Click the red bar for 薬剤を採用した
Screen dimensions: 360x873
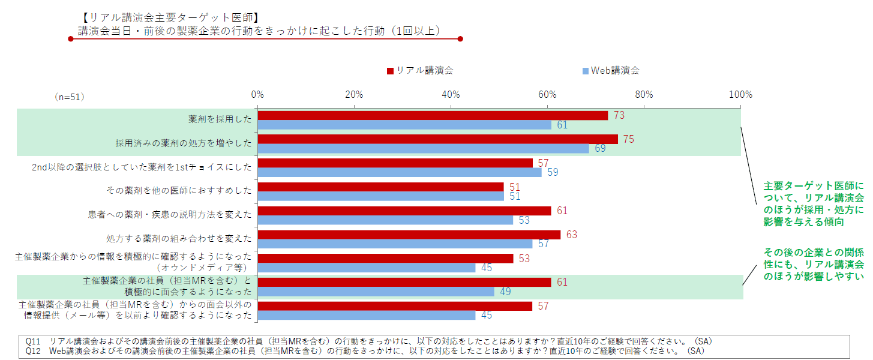(x=433, y=116)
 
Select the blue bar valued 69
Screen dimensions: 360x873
(x=423, y=149)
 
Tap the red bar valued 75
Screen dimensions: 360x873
(x=437, y=139)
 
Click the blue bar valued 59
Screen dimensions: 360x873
(x=399, y=172)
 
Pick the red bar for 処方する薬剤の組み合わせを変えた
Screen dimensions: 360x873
(x=409, y=235)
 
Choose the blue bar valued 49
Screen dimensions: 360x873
(x=376, y=292)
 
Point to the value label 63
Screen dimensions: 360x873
(x=571, y=235)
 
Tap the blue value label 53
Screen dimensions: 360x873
(x=524, y=220)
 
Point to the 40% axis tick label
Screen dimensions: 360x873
(x=451, y=94)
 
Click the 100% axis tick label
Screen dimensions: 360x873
(x=740, y=94)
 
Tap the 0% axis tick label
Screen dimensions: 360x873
(x=257, y=94)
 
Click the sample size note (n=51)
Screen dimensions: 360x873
(x=69, y=96)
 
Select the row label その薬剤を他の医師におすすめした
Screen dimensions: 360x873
(x=179, y=191)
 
